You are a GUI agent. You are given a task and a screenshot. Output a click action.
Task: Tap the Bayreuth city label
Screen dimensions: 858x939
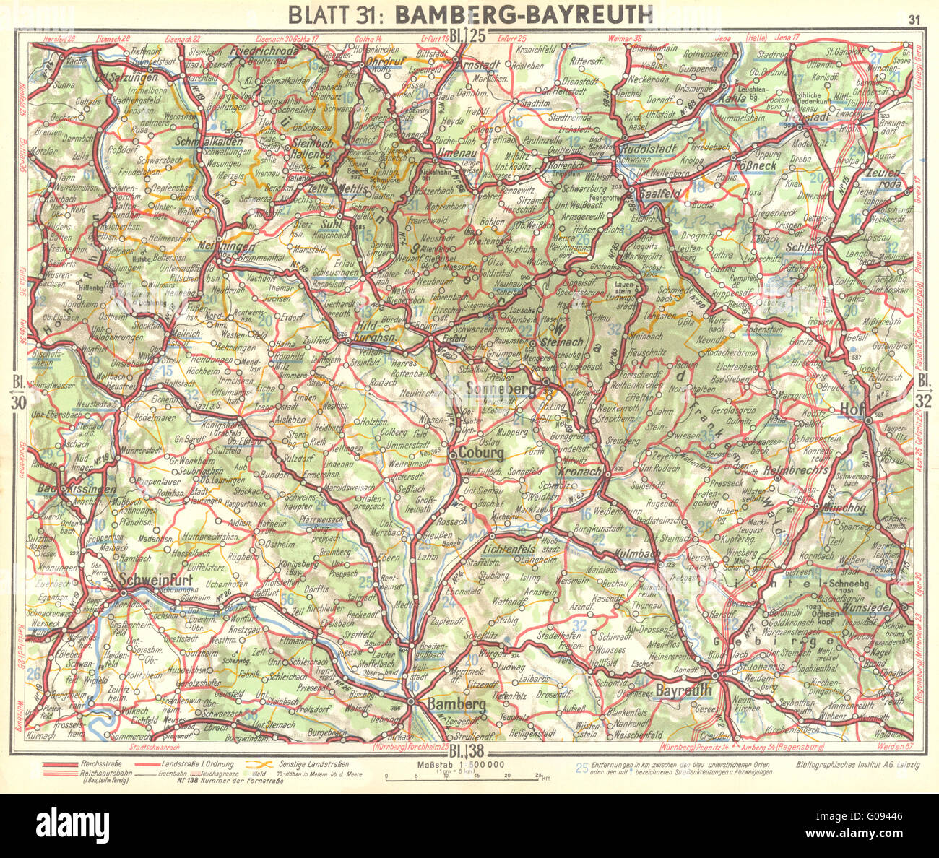(683, 690)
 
